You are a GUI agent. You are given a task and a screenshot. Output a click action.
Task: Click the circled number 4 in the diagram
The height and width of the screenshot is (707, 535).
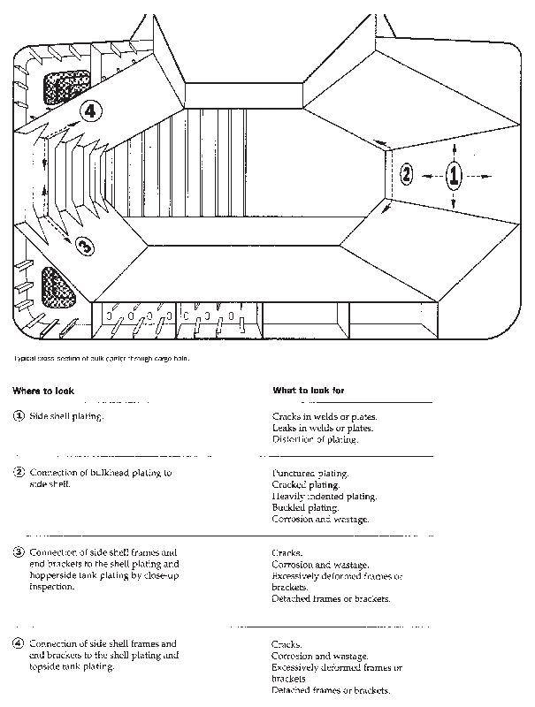tap(91, 110)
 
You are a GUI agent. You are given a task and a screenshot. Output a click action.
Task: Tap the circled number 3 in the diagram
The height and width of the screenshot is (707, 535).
tap(83, 247)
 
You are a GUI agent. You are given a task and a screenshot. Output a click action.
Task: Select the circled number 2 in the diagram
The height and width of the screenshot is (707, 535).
tap(407, 173)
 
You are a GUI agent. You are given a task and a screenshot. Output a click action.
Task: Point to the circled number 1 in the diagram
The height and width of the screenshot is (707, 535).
tap(454, 174)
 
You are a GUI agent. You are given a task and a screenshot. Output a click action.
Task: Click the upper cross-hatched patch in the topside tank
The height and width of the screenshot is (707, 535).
tap(68, 86)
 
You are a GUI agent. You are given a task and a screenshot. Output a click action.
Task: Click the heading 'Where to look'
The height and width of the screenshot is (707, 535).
tap(43, 390)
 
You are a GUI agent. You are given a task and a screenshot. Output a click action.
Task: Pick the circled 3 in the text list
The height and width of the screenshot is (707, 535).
tap(19, 553)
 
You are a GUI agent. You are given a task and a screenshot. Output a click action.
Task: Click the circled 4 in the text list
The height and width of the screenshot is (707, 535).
tap(19, 644)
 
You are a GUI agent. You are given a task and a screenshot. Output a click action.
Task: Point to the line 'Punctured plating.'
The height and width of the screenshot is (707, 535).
tap(310, 474)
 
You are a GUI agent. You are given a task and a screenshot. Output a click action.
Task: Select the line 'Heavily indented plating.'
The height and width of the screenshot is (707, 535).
tap(324, 497)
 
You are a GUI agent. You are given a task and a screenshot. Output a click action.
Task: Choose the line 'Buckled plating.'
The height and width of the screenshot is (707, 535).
tap(305, 508)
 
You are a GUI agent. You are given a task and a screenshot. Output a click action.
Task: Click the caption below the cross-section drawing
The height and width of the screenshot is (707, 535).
tap(101, 359)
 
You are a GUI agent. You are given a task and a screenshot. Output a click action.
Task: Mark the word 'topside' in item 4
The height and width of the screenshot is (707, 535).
tap(46, 667)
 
